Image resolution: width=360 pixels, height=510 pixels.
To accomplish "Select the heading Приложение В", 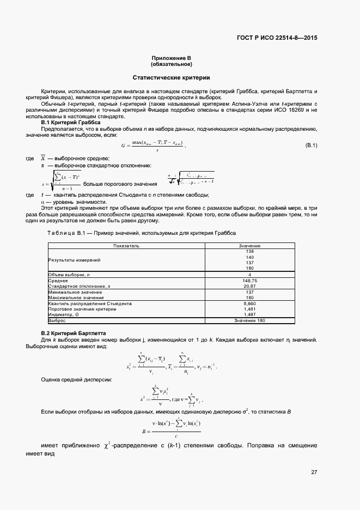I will [172, 58].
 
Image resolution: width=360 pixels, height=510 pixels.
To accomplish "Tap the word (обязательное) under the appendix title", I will [172, 64].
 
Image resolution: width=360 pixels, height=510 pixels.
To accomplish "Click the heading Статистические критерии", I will [172, 78].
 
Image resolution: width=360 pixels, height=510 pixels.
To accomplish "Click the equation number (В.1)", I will [311, 145].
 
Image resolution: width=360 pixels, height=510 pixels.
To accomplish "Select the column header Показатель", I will [126, 246].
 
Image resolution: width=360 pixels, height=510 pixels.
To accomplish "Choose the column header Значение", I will [250, 246].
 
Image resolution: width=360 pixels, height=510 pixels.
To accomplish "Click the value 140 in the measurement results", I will [250, 257].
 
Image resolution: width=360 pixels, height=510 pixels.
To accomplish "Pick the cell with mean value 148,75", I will [250, 280].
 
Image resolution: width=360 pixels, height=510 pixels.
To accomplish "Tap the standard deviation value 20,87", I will [250, 286].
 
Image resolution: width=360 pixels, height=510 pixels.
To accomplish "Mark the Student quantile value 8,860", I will [250, 303].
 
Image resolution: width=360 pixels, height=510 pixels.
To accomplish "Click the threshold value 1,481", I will [250, 309].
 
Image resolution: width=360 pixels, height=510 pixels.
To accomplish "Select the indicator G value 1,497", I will [250, 314].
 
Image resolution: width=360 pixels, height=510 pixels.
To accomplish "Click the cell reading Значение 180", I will [250, 320].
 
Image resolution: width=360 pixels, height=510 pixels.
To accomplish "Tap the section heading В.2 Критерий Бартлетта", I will [74, 333].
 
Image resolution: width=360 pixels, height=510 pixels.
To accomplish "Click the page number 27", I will [314, 472].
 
